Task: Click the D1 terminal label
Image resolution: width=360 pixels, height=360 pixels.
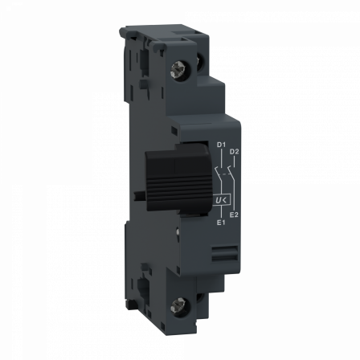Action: (220, 145)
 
